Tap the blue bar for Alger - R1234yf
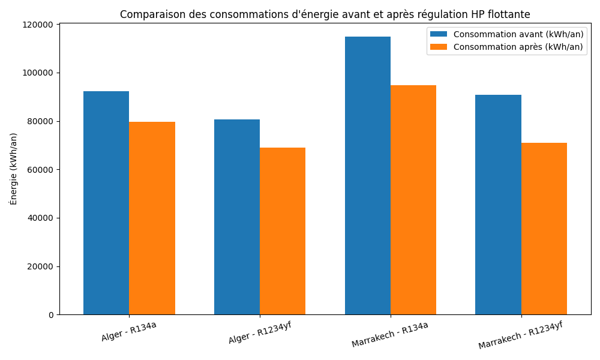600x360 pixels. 237,217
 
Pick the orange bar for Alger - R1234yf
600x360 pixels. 283,231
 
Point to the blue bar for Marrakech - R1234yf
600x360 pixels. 498,205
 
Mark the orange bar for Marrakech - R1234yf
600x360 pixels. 544,229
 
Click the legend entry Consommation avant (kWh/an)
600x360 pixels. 518,34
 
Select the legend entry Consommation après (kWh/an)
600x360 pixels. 518,47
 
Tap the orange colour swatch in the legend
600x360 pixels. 439,47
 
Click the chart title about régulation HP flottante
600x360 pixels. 325,14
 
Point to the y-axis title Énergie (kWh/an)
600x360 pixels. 14,169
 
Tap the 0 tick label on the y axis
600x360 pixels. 50,315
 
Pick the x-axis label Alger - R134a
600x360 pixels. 128,331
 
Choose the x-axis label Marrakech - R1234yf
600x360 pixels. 520,335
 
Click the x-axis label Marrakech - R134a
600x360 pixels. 389,334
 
